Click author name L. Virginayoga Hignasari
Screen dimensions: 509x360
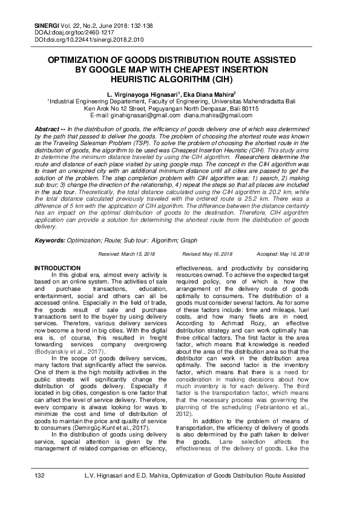[x=138, y=96]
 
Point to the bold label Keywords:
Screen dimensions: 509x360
[x=50, y=240]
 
